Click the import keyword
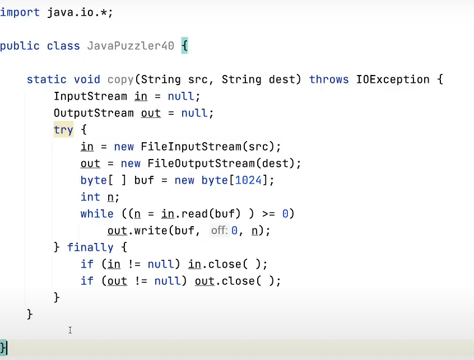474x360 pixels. point(20,12)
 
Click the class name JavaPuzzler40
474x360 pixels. point(131,46)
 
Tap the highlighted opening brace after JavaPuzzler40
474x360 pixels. point(184,46)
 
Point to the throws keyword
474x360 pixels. point(329,80)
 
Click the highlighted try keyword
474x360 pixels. point(63,130)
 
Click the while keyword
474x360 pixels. point(97,214)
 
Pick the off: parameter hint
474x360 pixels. point(220,231)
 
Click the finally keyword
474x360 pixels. point(90,247)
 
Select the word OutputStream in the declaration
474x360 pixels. point(94,113)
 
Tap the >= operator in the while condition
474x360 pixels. point(268,214)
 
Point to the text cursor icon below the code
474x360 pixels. point(70,330)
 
